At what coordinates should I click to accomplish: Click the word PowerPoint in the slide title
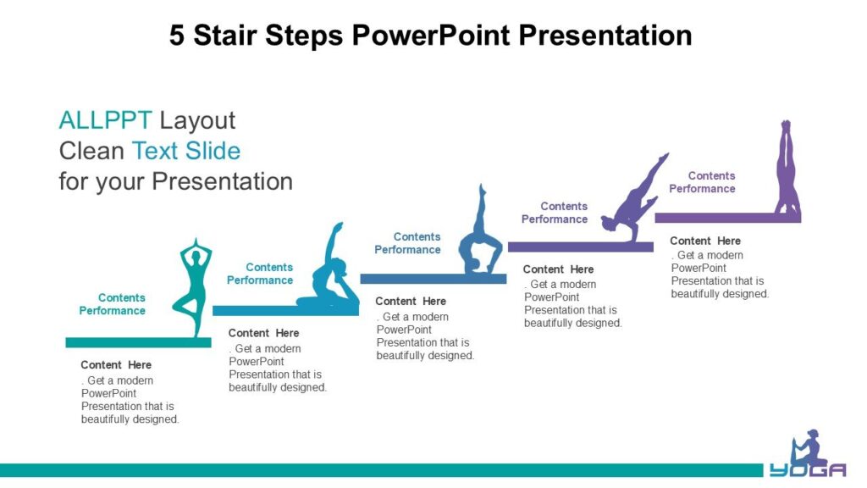click(x=431, y=36)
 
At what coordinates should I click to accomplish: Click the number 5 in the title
click(x=176, y=36)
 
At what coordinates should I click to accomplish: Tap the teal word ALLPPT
click(x=105, y=120)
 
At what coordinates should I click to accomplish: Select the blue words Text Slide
click(x=185, y=151)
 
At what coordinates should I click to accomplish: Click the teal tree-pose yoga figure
click(x=193, y=288)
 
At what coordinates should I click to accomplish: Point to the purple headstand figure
click(x=787, y=168)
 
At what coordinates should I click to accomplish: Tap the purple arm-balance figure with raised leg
click(x=634, y=198)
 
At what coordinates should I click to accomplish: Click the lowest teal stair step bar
click(x=138, y=343)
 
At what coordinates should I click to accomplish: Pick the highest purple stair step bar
click(x=727, y=218)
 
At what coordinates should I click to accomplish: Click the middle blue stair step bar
click(x=433, y=279)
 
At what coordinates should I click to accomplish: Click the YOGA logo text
click(x=808, y=470)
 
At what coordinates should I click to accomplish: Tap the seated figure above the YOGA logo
click(x=808, y=448)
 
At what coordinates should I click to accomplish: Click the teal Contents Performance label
click(x=113, y=304)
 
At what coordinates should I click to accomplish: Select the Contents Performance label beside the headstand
click(x=702, y=182)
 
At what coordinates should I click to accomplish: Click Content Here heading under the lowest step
click(x=116, y=365)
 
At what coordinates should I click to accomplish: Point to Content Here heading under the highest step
click(x=705, y=241)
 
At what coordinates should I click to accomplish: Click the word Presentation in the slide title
click(x=605, y=36)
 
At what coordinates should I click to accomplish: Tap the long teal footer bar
click(x=382, y=470)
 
